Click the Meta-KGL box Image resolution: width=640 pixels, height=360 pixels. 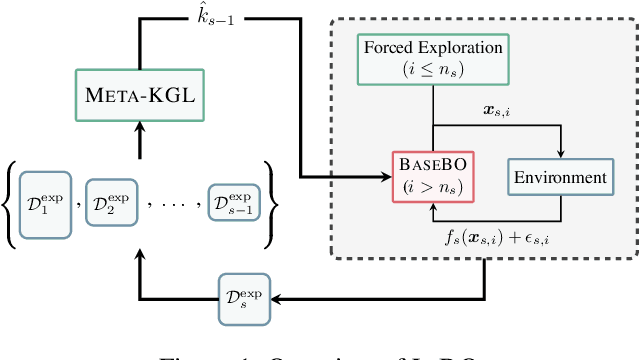(x=139, y=96)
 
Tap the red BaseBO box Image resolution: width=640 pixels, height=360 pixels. (x=432, y=174)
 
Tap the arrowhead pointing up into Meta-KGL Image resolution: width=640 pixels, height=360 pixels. (x=139, y=126)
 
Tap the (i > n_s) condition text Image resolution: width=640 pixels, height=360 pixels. (x=432, y=187)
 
